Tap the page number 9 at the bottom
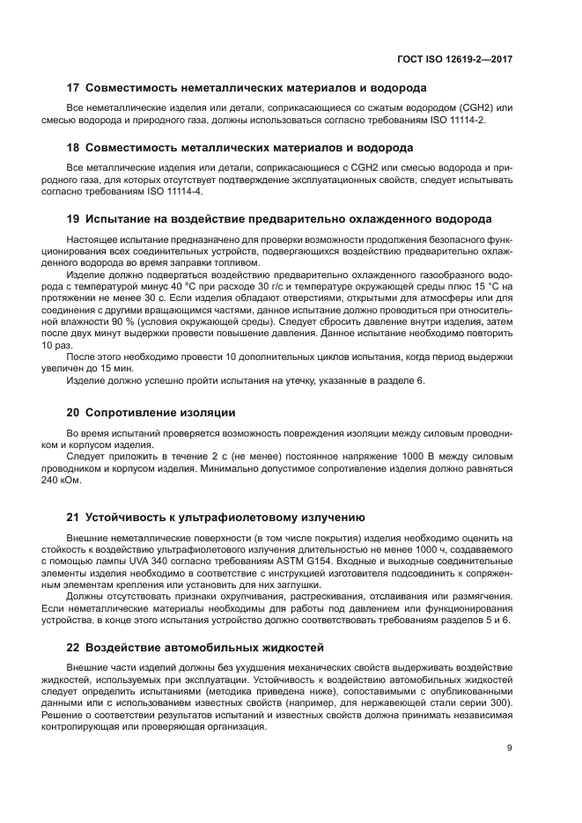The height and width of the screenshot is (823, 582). (x=510, y=748)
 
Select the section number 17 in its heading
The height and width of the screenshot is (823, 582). (x=74, y=88)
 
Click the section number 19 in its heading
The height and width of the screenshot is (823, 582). (x=74, y=218)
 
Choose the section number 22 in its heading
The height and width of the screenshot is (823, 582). (x=74, y=647)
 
